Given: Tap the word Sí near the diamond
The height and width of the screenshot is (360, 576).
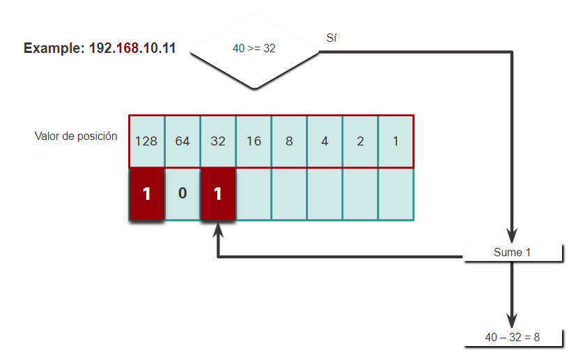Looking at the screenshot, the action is point(332,38).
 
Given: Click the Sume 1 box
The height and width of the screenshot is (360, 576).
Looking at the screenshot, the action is point(513,252).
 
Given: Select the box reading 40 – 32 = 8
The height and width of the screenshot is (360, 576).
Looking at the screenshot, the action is point(513,338).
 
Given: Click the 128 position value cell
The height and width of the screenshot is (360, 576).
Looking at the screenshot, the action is point(146,141).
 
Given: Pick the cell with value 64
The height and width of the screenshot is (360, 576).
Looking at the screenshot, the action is point(182,141).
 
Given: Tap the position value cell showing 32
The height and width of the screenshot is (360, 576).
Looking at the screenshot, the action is point(218,141).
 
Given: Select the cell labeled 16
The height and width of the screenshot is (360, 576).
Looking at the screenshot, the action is point(254,141).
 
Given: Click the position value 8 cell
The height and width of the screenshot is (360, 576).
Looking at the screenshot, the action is point(289,141).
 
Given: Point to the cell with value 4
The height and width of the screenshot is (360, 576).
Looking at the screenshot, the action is point(325,141).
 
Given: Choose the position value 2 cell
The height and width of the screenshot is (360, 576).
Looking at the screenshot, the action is point(360,141).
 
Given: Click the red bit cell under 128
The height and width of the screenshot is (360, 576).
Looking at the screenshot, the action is point(146,194).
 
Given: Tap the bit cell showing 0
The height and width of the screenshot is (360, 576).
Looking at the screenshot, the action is point(182,194).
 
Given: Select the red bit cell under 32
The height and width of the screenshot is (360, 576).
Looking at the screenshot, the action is point(218,194).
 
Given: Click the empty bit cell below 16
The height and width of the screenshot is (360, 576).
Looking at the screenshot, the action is point(254,194).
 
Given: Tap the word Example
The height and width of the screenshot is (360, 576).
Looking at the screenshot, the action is point(53,49).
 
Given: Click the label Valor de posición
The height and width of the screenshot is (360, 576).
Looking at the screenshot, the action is point(76,136).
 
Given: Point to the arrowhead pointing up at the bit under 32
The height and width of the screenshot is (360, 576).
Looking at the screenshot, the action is point(218,230).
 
